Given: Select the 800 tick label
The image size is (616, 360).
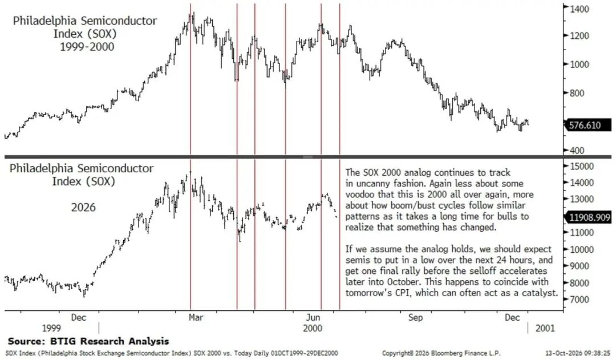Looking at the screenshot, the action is click(x=577, y=93).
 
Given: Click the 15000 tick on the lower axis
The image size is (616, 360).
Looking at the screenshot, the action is click(x=581, y=166).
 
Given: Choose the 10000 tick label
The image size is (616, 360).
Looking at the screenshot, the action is click(x=581, y=249).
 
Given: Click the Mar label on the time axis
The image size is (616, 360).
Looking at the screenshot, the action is click(x=196, y=317).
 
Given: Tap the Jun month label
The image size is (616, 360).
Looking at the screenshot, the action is click(x=313, y=317).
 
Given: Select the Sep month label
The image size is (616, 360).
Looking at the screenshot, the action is click(x=415, y=317).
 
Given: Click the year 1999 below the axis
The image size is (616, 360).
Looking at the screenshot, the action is click(x=51, y=328).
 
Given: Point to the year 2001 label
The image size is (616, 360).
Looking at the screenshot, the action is click(x=545, y=328).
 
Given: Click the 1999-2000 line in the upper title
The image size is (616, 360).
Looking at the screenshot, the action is click(x=87, y=47).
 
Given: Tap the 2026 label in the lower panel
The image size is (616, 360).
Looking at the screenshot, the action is click(x=83, y=207).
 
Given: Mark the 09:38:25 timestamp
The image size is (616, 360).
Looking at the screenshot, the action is click(x=598, y=353).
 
